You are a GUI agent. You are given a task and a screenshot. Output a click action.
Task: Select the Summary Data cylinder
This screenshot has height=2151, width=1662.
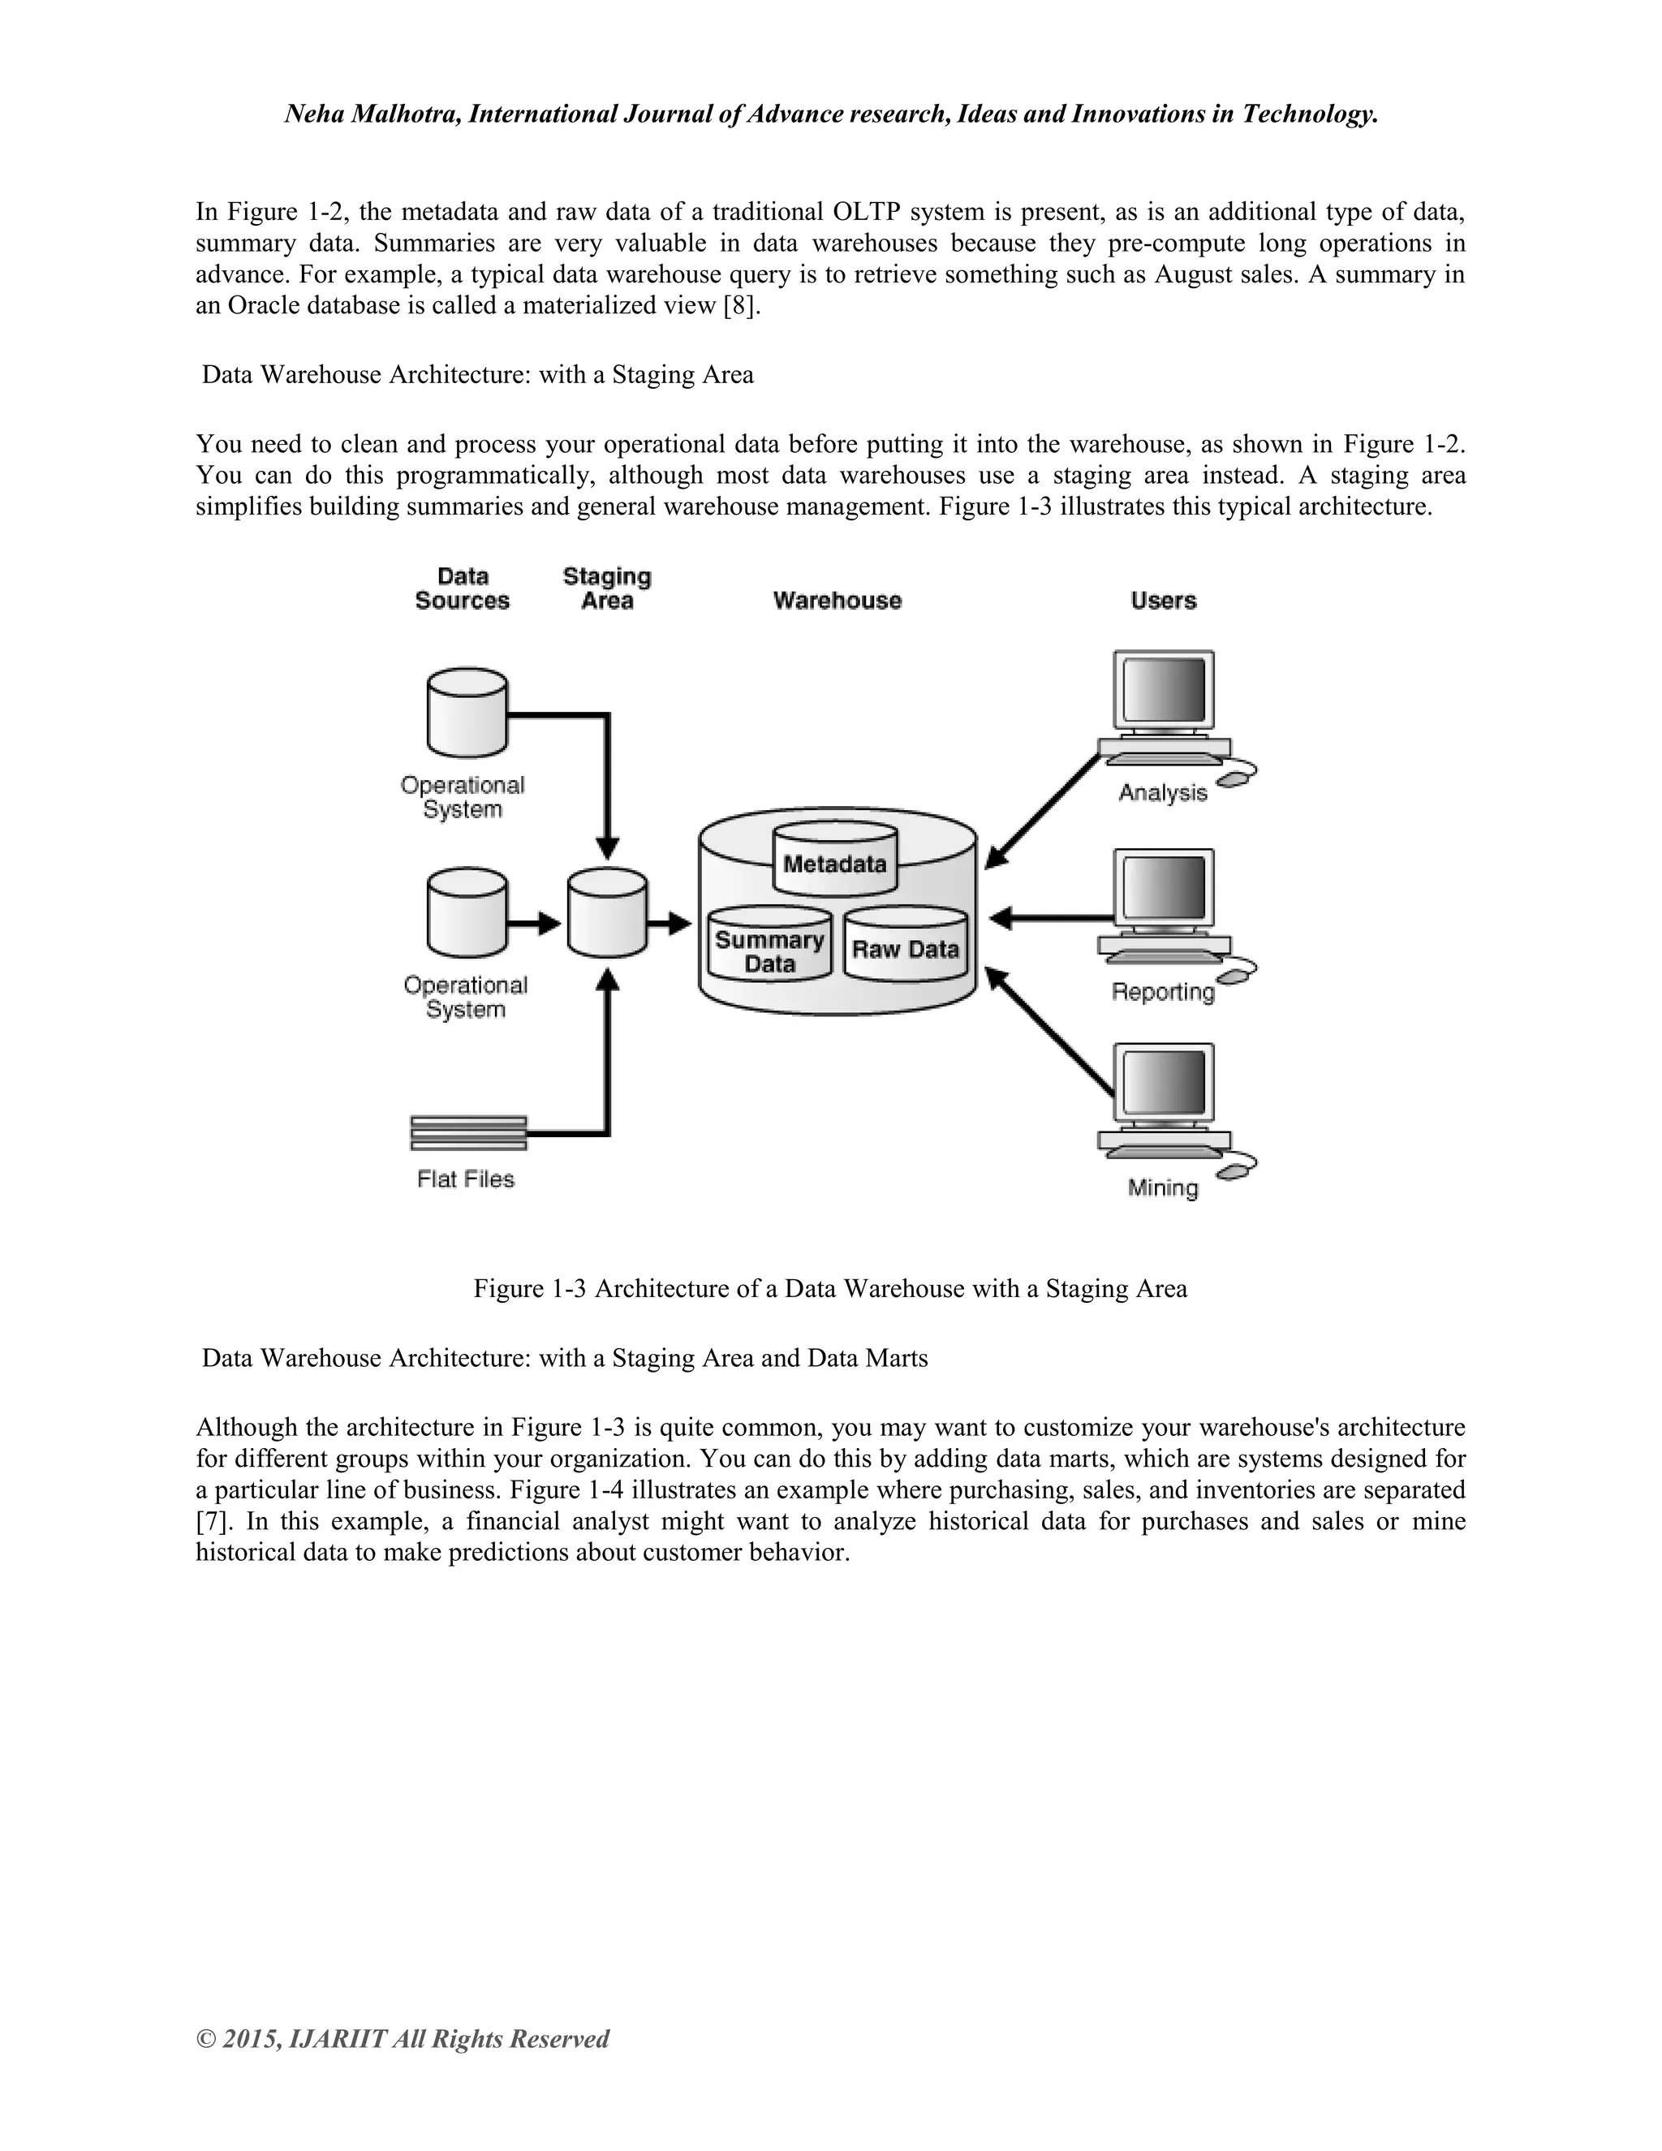(x=769, y=943)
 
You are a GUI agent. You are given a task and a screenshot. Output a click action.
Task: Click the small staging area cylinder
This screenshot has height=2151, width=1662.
(x=608, y=912)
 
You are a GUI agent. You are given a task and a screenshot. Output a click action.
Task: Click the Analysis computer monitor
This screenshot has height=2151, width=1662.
(x=1163, y=692)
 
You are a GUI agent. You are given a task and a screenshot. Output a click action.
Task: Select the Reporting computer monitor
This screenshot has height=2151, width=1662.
(x=1163, y=890)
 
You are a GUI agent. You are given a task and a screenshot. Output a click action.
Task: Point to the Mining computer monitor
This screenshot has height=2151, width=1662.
(x=1163, y=1084)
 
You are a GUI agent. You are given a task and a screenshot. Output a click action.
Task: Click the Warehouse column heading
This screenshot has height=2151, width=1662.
(x=837, y=601)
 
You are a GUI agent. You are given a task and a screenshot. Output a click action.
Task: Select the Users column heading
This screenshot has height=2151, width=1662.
(x=1163, y=601)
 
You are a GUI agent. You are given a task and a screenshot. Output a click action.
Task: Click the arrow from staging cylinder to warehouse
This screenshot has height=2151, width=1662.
(x=670, y=923)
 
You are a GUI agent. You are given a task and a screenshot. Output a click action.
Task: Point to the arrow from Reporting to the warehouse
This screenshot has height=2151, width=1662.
(x=1048, y=918)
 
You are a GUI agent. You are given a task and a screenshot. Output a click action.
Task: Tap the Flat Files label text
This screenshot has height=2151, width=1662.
(x=466, y=1179)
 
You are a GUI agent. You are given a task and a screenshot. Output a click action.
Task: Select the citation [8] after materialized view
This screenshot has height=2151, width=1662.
(x=742, y=305)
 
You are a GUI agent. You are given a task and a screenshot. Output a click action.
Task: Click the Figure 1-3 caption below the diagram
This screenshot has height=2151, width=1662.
(x=830, y=1288)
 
